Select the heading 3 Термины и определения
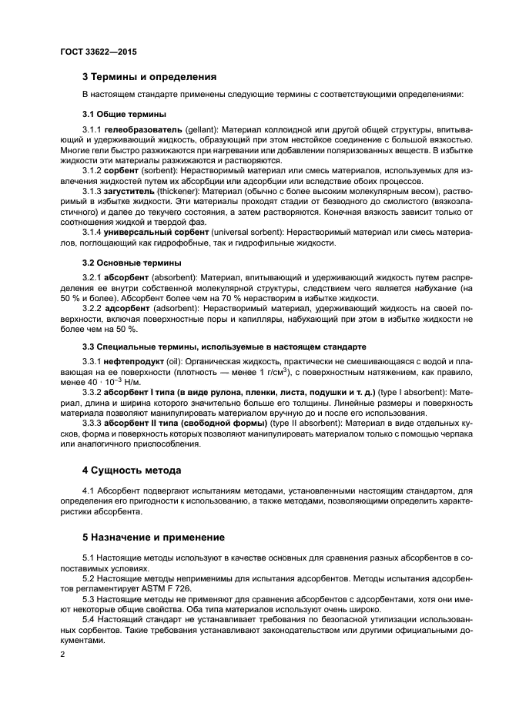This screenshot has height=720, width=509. (149, 76)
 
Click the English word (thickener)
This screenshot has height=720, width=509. (180, 187)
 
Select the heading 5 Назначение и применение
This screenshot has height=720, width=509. (153, 537)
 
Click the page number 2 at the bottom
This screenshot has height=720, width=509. (63, 655)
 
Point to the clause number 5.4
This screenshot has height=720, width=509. (89, 620)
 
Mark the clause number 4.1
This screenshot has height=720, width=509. (89, 490)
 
